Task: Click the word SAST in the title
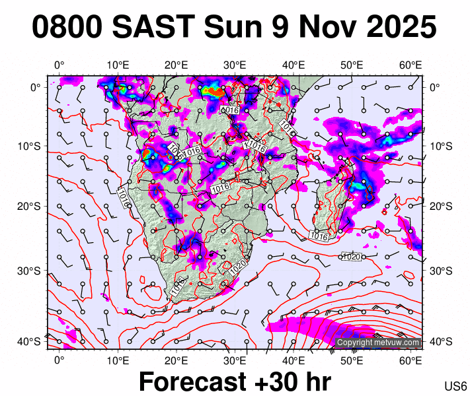pyautogui.click(x=153, y=28)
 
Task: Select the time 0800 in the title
pyautogui.click(x=66, y=28)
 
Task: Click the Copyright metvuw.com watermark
pyautogui.click(x=378, y=343)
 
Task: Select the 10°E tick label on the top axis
pyautogui.click(x=118, y=65)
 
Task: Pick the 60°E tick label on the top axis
pyautogui.click(x=411, y=65)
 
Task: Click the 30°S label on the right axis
pyautogui.click(x=441, y=271)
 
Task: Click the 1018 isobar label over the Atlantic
pyautogui.click(x=124, y=195)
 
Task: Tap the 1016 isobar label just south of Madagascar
pyautogui.click(x=319, y=236)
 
